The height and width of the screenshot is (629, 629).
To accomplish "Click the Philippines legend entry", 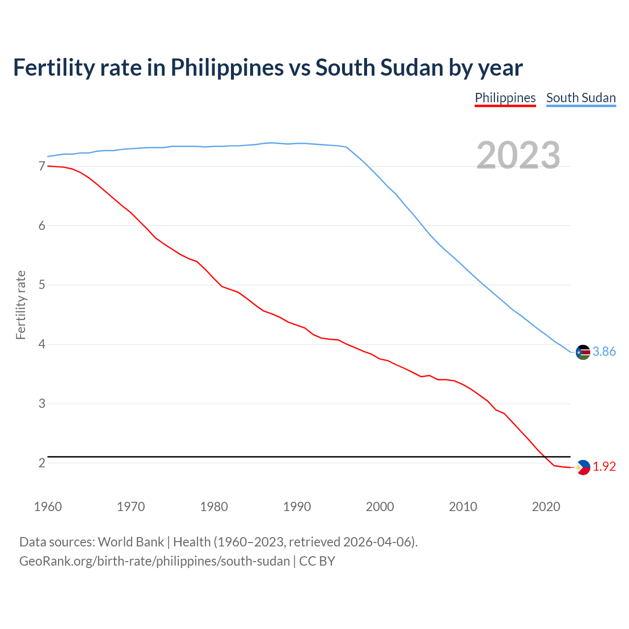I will [505, 98].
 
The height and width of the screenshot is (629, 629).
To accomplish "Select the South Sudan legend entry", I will [581, 98].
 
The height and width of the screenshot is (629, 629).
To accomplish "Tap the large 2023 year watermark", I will [518, 155].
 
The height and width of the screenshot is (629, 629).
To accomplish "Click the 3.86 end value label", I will [604, 351].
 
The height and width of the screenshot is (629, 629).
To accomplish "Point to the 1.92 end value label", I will [604, 466].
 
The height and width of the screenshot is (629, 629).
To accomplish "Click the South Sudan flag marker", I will [583, 352].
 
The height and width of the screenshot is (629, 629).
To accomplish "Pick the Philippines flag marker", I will [583, 467].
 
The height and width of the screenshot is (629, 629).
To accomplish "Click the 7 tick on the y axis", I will [42, 166].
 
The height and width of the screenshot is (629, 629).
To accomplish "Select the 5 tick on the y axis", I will [42, 285].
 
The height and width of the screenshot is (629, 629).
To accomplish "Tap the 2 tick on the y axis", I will [42, 463].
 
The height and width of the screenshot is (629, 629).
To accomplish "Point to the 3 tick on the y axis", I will [42, 403].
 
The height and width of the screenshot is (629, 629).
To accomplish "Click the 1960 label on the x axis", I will [48, 507].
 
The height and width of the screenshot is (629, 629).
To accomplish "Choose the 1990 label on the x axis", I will [297, 507].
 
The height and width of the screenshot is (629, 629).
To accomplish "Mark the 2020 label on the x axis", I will [546, 507].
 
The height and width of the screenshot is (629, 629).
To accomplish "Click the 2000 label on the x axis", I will [380, 507].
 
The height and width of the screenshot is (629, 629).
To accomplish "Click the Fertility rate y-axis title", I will [21, 305].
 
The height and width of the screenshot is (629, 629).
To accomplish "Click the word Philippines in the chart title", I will [227, 67].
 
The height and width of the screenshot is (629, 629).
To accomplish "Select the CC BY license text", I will [317, 561].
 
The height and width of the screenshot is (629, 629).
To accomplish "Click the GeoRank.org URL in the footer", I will [154, 561].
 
